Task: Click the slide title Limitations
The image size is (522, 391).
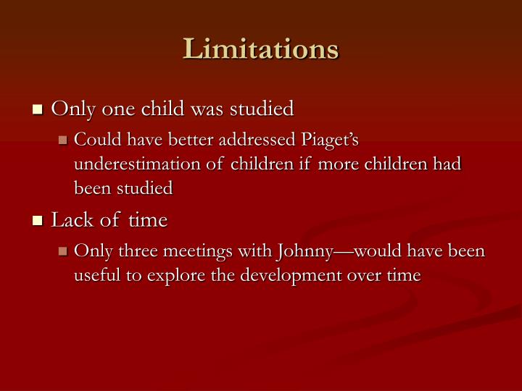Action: coord(261,49)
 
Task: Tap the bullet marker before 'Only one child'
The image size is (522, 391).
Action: coord(38,110)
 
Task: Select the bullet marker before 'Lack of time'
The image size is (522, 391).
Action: coord(38,221)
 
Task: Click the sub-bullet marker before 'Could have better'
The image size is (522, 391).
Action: coord(63,139)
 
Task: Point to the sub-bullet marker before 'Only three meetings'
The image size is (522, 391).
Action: coord(63,251)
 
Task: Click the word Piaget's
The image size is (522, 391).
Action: coord(326,139)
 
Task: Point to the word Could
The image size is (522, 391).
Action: coord(96,139)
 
